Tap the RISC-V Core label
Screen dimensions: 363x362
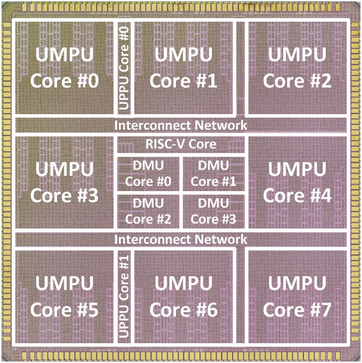(181, 144)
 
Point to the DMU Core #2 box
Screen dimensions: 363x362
(148, 211)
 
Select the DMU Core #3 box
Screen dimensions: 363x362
(214, 211)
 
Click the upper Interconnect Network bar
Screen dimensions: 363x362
(181, 124)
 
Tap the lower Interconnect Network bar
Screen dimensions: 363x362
(181, 240)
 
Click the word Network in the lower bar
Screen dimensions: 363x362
(221, 240)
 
